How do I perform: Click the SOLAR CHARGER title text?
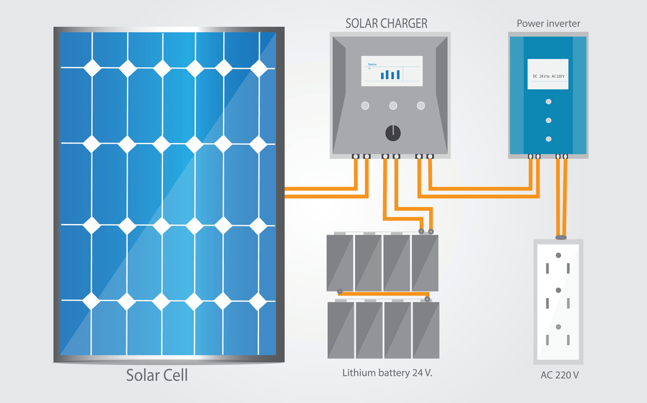coord(386,23)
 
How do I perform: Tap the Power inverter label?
coord(548,23)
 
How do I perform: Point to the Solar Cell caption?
coord(157,375)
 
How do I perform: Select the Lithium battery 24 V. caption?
coord(387,373)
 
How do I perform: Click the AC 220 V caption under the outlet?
coord(559,375)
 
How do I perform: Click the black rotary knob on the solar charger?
coord(392,132)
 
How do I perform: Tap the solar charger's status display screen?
coord(392,70)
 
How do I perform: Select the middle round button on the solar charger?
coord(393,106)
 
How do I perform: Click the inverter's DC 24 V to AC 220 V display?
coord(548,75)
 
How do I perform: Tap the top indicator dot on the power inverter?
coord(548,101)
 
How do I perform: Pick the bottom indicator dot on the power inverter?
coord(548,139)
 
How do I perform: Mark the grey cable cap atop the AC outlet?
coord(560,237)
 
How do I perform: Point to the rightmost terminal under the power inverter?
coord(565,156)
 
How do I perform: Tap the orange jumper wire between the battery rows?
coord(384,293)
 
